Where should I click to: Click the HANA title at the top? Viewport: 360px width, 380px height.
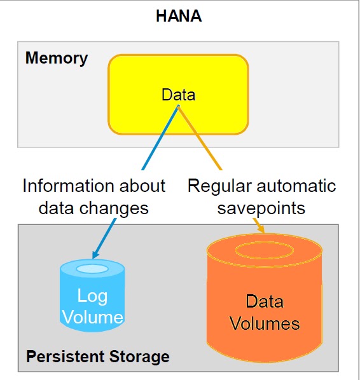(179, 16)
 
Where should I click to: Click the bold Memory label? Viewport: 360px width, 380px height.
(57, 58)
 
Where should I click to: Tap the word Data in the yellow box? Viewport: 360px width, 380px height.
(178, 95)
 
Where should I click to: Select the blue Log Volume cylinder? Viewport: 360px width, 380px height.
(92, 295)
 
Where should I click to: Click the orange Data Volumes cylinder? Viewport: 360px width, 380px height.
(265, 297)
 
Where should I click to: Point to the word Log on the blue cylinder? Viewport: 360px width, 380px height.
(92, 296)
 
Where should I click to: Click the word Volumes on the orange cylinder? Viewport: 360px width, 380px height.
(265, 323)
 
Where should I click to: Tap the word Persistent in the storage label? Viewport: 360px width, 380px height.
(66, 356)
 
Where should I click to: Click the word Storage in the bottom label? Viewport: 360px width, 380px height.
(139, 357)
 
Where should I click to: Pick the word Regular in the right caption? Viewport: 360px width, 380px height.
(219, 186)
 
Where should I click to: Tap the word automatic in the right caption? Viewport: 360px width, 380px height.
(296, 186)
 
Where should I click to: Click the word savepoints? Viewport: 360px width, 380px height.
(261, 208)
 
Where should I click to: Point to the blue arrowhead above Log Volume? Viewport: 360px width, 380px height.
(95, 254)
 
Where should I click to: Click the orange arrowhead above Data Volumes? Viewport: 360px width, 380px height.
(261, 229)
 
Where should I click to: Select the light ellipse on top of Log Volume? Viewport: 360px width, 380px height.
(92, 269)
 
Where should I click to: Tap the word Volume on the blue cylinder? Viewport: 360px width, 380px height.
(93, 317)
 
